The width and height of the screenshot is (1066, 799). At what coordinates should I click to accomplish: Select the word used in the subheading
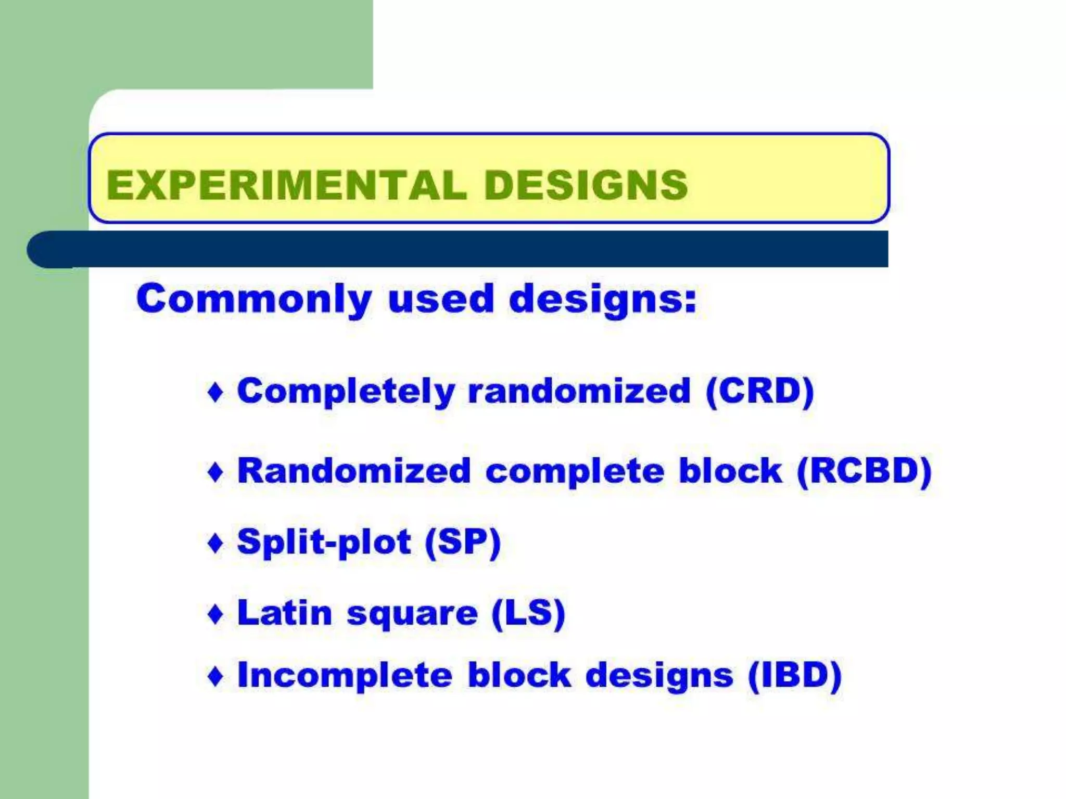(x=440, y=299)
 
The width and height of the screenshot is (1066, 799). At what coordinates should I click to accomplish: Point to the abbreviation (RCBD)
(x=864, y=471)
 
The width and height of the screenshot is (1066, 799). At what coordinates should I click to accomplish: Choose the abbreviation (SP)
(x=463, y=543)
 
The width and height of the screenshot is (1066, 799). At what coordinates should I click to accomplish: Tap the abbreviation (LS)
(x=528, y=613)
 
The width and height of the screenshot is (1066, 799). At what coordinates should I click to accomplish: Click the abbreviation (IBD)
(x=795, y=675)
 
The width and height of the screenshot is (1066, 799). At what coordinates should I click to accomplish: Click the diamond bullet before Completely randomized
(x=215, y=392)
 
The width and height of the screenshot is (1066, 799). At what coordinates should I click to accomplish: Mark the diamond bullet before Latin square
(x=215, y=614)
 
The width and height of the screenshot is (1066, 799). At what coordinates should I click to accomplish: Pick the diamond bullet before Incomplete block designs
(x=215, y=676)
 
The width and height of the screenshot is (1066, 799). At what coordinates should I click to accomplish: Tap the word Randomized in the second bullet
(x=354, y=471)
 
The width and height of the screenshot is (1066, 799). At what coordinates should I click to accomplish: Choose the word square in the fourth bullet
(x=412, y=614)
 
